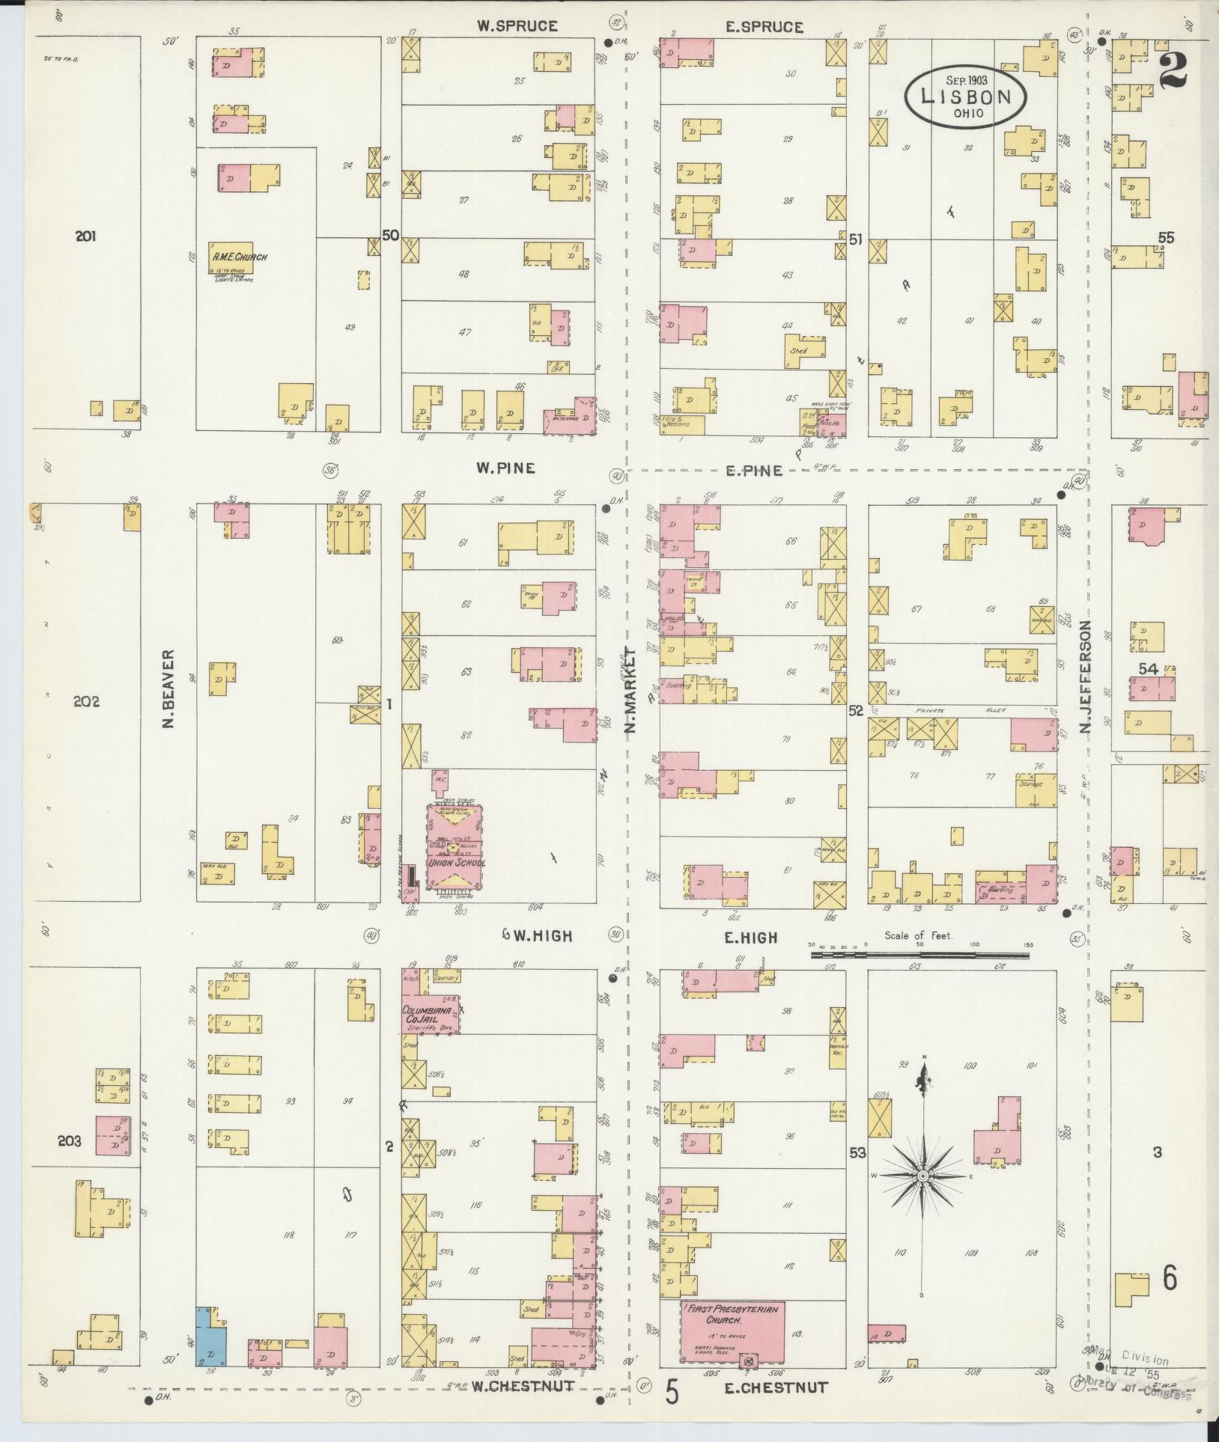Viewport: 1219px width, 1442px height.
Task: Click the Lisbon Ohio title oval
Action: (x=965, y=95)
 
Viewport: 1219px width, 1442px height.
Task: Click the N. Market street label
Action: (x=630, y=689)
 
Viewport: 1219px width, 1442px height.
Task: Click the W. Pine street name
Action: (x=505, y=468)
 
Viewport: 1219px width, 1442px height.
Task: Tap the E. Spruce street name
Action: (x=764, y=27)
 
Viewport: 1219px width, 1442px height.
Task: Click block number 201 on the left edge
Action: (x=85, y=236)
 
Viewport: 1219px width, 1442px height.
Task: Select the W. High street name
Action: (x=535, y=935)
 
